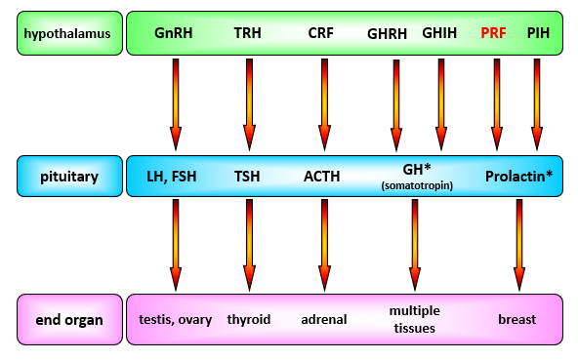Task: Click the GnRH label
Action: pos(174,34)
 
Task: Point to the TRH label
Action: pos(248,34)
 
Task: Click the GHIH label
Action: pos(439,34)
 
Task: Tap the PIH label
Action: pos(538,34)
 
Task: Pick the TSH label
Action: pos(248,177)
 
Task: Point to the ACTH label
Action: pos(321,177)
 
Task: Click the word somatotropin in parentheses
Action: pos(415,185)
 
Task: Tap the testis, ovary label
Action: pos(175,319)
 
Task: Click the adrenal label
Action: pos(323,319)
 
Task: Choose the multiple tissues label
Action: pos(414,318)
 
